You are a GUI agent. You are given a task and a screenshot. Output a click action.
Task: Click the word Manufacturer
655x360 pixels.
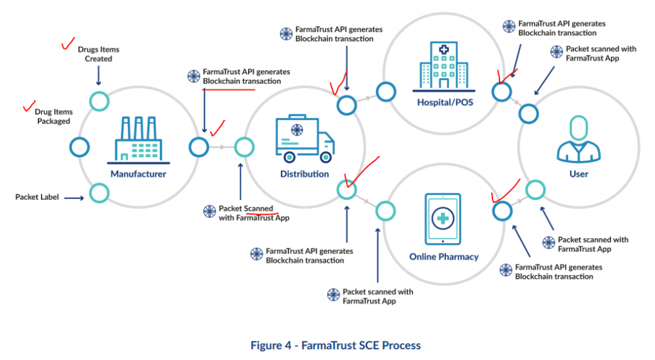click(138, 174)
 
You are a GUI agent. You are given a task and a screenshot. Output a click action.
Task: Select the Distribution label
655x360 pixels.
click(304, 174)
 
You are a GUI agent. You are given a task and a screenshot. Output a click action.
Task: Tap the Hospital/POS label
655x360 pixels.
click(445, 102)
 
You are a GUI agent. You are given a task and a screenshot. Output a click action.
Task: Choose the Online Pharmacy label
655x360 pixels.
click(444, 257)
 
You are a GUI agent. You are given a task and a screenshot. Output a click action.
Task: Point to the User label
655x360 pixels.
click(579, 174)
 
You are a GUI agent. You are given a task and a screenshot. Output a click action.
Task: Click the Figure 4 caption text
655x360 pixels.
click(336, 345)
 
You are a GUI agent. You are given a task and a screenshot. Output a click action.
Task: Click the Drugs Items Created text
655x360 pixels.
click(99, 54)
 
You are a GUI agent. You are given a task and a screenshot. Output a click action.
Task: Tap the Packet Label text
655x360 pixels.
click(37, 197)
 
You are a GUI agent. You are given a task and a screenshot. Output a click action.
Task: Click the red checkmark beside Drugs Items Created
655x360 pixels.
click(66, 45)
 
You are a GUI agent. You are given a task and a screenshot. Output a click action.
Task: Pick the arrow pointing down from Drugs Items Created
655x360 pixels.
click(99, 76)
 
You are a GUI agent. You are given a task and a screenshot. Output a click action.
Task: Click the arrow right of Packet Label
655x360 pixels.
click(74, 198)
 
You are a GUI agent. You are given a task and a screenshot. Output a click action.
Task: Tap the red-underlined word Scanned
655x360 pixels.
click(258, 208)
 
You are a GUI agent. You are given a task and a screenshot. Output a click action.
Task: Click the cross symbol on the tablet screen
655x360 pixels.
click(443, 218)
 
